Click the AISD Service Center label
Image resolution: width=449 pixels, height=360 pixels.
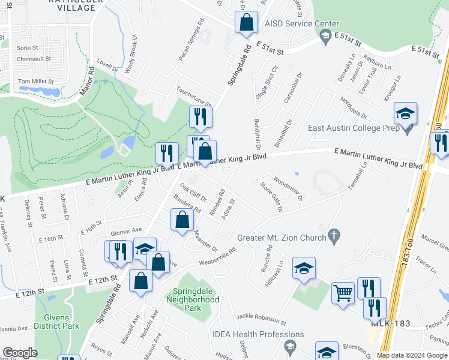[x=298, y=23]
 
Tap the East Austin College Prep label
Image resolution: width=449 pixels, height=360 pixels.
[x=353, y=128]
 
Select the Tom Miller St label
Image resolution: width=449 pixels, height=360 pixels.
[x=35, y=81]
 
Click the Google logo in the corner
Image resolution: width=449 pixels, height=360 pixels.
[x=20, y=353]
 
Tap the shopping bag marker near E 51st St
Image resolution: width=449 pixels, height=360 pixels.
[x=246, y=23]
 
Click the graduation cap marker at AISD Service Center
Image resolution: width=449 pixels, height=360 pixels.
[x=325, y=37]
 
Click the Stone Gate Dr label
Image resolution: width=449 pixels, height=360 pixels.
[x=271, y=199]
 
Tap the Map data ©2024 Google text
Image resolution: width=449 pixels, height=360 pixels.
[x=412, y=355]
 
